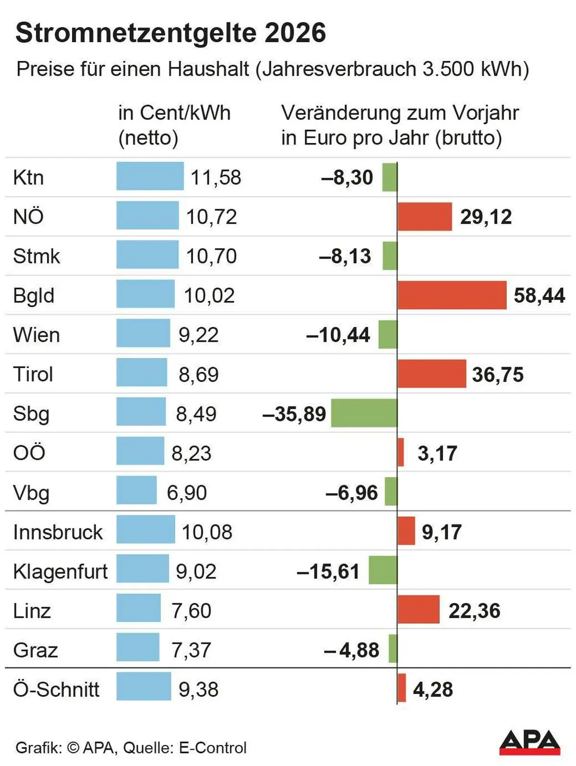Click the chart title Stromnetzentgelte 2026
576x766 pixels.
[170, 33]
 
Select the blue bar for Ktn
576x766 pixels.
[150, 176]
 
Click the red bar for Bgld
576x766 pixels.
[452, 295]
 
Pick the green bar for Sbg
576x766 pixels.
[364, 413]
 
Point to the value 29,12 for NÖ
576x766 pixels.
[486, 217]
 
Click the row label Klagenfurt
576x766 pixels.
[60, 572]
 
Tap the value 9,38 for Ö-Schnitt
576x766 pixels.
[198, 690]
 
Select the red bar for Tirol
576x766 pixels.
[432, 373]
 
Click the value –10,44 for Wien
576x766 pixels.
[338, 335]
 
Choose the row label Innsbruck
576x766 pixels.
[58, 532]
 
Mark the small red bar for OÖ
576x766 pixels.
[401, 452]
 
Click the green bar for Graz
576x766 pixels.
[393, 649]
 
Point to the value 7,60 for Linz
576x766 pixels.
[191, 611]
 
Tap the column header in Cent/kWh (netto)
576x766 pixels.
[174, 125]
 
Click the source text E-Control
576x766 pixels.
[213, 747]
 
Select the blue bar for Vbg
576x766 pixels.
[136, 490]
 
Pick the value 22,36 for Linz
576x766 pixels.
[474, 611]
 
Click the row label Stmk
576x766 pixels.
[36, 256]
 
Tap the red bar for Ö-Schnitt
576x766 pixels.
[402, 688]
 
